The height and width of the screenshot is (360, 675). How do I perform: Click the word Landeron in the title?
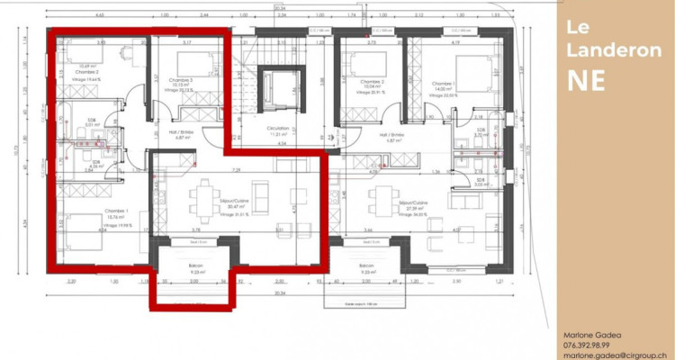tap(598, 51)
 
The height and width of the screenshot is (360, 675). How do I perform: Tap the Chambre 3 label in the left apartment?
tap(181, 80)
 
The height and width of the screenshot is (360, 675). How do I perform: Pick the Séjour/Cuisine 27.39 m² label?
tap(415, 206)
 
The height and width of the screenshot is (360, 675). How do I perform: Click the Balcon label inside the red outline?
tap(194, 266)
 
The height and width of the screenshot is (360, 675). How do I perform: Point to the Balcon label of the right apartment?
tap(366, 266)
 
